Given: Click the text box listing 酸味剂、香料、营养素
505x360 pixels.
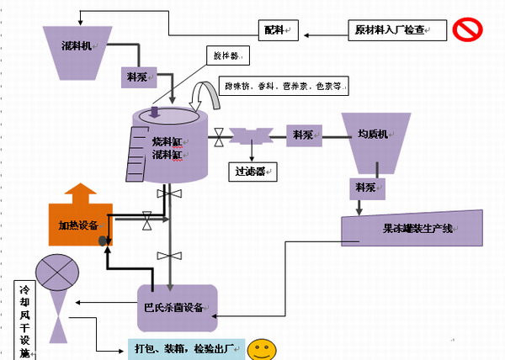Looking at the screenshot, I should [x=284, y=86].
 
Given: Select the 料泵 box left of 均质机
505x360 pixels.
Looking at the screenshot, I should [x=304, y=134].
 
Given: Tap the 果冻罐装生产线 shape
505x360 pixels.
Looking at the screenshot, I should [x=413, y=227].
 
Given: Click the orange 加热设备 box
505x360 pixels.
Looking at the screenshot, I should [x=80, y=225].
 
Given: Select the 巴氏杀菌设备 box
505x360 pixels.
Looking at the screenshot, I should [x=177, y=306].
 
